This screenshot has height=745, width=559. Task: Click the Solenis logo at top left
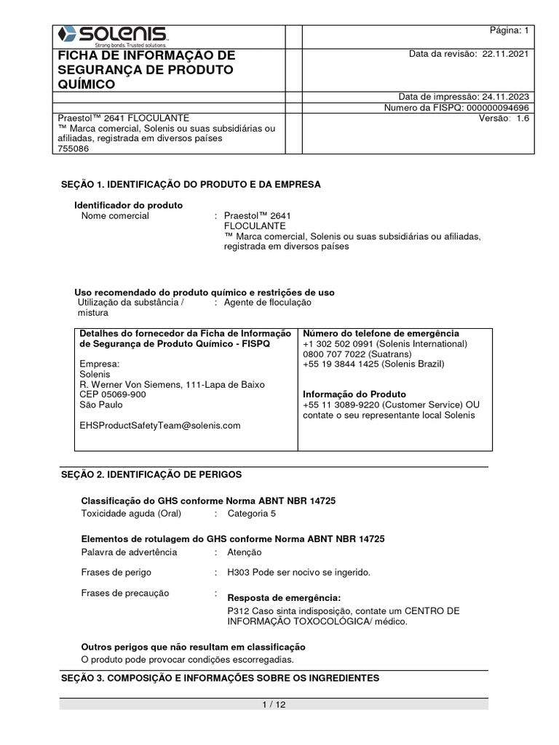(x=114, y=34)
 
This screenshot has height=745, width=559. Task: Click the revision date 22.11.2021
(x=506, y=55)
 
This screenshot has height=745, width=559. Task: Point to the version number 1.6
(x=523, y=119)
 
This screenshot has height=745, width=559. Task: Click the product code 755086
(x=72, y=148)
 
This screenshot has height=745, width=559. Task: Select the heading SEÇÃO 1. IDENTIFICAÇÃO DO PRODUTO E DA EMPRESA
(x=190, y=185)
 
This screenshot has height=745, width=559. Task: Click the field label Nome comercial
(x=115, y=216)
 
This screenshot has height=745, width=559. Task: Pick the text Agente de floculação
(x=267, y=302)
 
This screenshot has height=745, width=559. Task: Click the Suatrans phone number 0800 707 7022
(x=333, y=354)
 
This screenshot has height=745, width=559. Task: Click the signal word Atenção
(x=245, y=552)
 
